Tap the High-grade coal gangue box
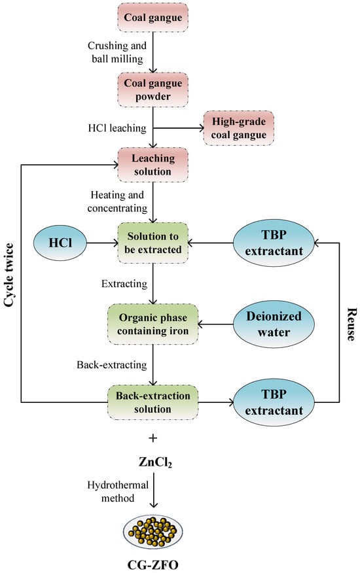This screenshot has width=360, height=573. [x=238, y=129]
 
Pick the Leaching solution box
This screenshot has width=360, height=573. [x=153, y=164]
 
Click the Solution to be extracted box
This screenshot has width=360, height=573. [x=153, y=243]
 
